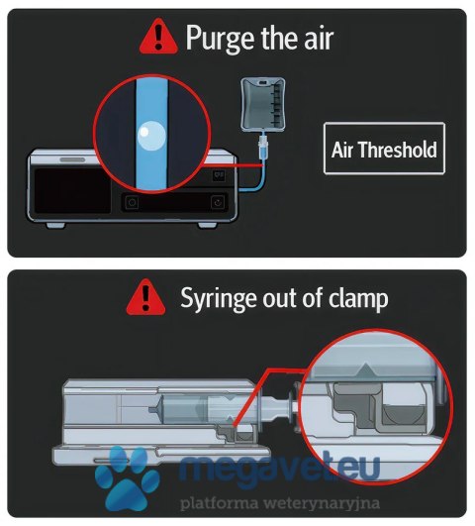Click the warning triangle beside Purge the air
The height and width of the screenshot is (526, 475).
pos(158,37)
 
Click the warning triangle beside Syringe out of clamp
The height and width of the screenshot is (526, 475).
pos(145,297)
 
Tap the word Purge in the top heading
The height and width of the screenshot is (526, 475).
pos(221,39)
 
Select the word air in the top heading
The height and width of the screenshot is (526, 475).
pos(319,39)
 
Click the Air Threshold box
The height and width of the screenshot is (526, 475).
pos(385,149)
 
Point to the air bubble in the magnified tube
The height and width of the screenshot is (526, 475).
pos(151,136)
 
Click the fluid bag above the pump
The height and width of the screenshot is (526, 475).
pos(263,104)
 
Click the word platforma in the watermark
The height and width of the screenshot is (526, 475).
pos(220,503)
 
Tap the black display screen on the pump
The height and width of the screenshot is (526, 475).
pos(72,190)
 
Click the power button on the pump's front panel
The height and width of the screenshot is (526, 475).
pos(132,203)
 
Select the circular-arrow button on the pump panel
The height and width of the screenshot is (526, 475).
pos(218,202)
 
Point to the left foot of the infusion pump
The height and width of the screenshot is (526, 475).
pos(55,225)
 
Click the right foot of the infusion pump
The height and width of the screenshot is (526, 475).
pos(207,225)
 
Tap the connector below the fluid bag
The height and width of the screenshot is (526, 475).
pos(263,145)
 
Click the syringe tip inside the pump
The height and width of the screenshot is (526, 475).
pos(152,409)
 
